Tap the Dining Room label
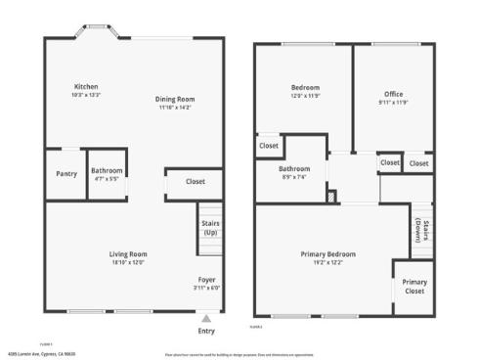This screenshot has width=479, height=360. tap(177, 99)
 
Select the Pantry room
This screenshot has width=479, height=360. tap(66, 173)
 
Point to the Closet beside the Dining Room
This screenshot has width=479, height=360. tap(195, 181)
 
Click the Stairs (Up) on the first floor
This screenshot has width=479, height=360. tap(210, 227)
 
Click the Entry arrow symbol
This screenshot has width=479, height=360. tap(206, 317)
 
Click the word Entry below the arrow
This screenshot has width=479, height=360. tap(206, 331)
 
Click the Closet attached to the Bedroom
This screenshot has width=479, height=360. tap(269, 146)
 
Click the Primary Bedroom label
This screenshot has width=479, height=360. tap(327, 254)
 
